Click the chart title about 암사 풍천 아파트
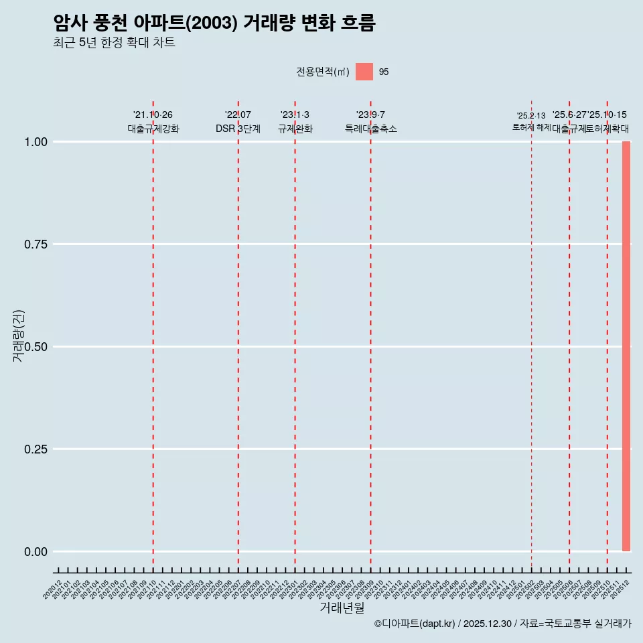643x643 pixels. pos(214,23)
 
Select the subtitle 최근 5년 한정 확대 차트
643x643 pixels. pos(114,43)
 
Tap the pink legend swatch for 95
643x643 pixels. pos(364,72)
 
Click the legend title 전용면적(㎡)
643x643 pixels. pos(323,72)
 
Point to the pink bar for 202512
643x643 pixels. pos(626,346)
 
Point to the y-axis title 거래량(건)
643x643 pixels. pos(18,336)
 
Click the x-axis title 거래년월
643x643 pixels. pos(342,608)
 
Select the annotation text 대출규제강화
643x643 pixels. pos(153,129)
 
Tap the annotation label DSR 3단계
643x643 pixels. pos(238,129)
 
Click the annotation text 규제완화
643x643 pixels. pos(295,129)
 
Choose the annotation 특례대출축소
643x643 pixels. pos(370,129)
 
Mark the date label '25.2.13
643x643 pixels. pos(531,116)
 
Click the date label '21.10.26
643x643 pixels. pos(153,115)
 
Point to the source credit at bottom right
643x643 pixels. pos(502,624)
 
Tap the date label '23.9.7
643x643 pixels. pos(370,115)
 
